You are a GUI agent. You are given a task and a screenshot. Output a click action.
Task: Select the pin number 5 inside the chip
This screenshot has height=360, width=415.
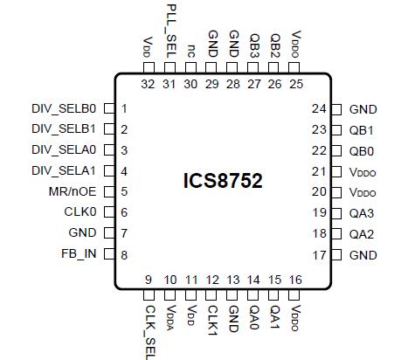coord(126,192)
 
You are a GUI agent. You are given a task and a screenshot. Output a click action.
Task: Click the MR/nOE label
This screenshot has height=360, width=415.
coord(73,192)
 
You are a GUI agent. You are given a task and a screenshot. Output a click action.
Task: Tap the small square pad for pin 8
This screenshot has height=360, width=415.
coord(109,254)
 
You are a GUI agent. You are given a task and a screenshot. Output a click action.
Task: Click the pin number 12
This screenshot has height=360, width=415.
coord(212,280)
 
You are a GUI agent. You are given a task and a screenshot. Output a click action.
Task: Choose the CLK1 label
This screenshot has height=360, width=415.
coord(212,316)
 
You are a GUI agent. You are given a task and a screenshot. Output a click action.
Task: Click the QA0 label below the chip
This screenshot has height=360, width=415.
coord(254,315)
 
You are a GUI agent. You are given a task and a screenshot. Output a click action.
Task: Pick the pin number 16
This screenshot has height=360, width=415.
coord(296,280)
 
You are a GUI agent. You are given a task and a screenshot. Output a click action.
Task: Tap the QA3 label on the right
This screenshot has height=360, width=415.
coord(362,213)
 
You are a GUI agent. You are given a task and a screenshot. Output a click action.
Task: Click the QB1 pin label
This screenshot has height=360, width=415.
coord(362,130)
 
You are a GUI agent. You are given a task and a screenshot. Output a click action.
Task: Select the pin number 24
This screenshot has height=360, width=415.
coord(320,109)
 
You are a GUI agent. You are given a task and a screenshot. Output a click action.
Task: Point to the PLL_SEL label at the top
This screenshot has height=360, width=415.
coord(171,31)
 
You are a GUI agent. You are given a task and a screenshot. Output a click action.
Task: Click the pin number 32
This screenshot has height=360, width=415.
coord(149,84)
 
